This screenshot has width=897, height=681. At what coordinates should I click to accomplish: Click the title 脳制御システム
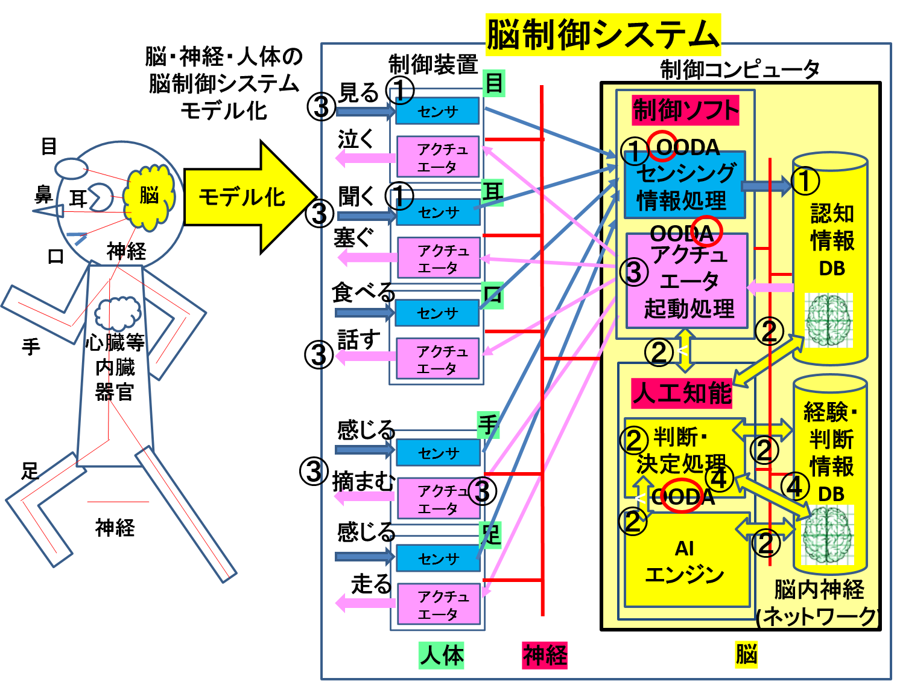point(603,35)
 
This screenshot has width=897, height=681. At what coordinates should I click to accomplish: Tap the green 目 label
point(494,83)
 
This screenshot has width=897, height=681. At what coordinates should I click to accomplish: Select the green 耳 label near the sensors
point(492,193)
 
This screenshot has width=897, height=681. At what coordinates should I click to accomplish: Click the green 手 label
point(488,424)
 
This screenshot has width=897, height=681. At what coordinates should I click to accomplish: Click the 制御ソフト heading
point(685,110)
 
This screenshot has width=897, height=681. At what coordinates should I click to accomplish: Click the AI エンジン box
point(685,561)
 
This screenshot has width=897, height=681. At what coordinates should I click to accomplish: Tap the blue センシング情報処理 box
point(684,187)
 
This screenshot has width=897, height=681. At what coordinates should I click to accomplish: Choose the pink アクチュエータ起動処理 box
point(688,282)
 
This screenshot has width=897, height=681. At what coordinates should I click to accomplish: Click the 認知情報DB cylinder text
point(831,240)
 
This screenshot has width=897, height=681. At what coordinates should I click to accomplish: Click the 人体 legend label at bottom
point(442,656)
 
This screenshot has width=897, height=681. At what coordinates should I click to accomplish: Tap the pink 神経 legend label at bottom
point(544,656)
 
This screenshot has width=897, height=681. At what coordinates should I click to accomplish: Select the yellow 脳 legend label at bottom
point(746,654)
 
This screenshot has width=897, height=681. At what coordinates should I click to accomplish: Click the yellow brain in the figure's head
point(149,196)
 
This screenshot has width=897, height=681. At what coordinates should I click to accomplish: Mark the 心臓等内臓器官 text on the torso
point(115,367)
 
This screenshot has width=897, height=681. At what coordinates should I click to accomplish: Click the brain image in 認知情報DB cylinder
point(828,321)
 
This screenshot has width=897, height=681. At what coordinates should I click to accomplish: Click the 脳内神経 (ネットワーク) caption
point(818,603)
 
